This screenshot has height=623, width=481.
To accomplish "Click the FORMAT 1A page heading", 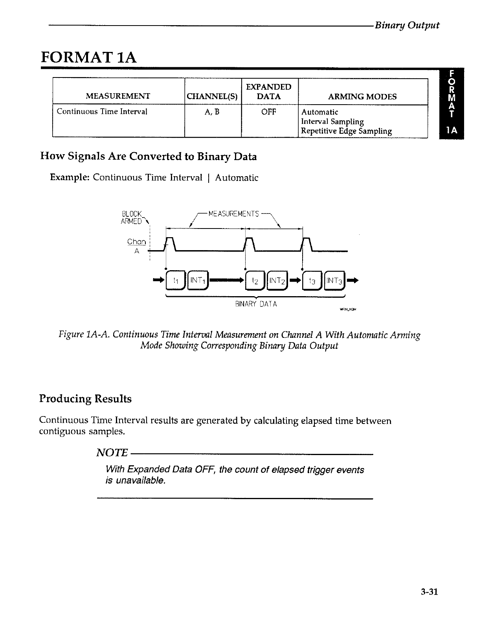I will pos(89,57).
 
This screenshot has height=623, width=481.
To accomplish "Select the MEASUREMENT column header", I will pos(118,96).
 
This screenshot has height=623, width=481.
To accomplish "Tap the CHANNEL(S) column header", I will pos(213,96).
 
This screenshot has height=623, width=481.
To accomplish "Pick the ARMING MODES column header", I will pos(362,96).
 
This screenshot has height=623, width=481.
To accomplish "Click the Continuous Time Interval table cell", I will pos(102,111).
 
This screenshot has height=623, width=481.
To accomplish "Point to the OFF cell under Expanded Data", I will pos(269,112).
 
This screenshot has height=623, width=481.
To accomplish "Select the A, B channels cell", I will pos(212,112).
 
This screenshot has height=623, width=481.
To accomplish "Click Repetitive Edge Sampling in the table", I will pos(346,131).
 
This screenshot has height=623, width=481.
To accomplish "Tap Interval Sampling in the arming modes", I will pos(332,122).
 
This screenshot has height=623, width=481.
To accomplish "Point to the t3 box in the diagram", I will pos(312,280).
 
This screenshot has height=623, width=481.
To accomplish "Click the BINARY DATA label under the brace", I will pos(256,304).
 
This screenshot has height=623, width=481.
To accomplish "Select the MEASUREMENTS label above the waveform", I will pos(233,214).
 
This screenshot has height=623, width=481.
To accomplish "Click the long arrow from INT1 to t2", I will pos(228,280).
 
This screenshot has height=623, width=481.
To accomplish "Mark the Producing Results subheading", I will pos(85,399).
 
